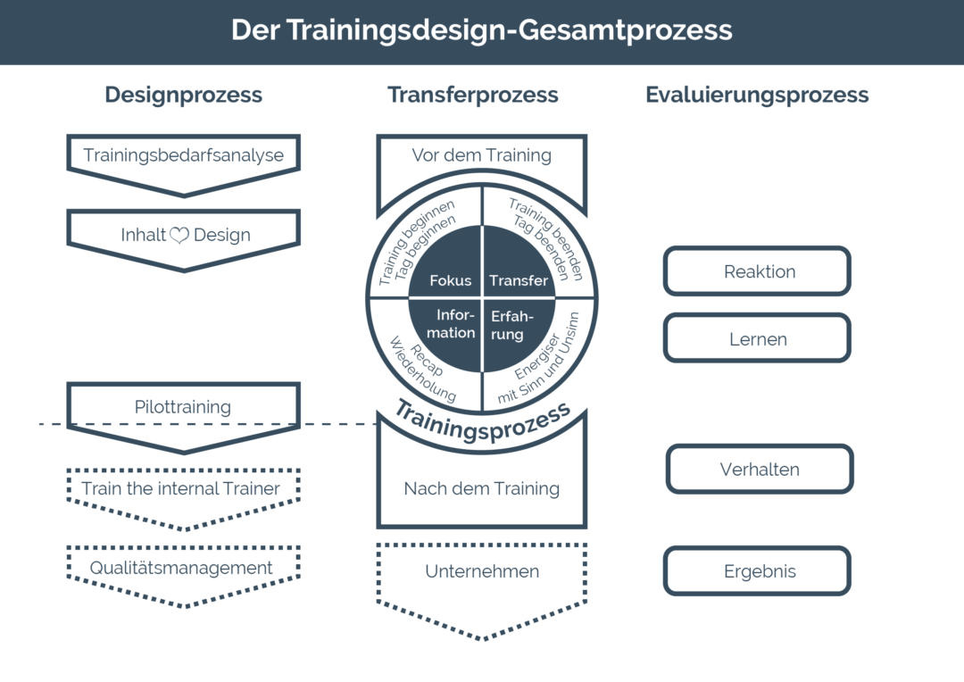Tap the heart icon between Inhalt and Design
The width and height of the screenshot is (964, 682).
(179, 235)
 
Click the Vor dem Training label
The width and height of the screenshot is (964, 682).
(481, 155)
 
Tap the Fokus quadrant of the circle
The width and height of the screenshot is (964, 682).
(446, 262)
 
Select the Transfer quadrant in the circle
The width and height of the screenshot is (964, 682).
(519, 262)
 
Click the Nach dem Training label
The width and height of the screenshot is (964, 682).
(481, 488)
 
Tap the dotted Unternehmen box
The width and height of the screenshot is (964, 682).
(481, 584)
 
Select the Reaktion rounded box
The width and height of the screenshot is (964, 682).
(758, 271)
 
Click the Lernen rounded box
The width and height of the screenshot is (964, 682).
(758, 338)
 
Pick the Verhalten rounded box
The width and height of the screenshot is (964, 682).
(760, 470)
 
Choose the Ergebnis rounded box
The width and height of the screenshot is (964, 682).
(758, 570)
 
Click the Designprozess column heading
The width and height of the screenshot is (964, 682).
(183, 95)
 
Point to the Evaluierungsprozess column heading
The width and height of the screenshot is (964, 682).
(757, 95)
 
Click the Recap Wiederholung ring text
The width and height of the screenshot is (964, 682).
(424, 369)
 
